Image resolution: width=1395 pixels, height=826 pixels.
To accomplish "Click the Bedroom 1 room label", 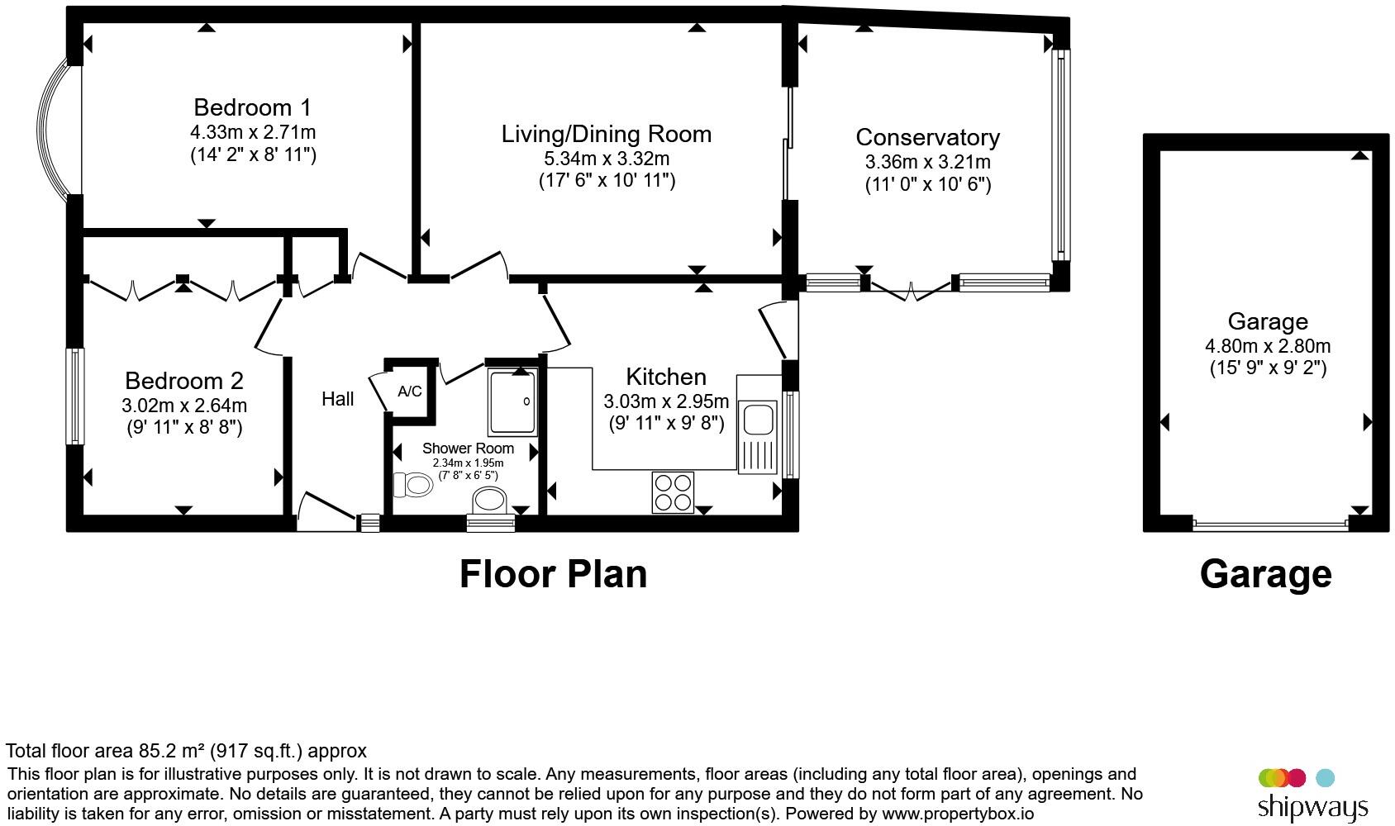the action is (x=252, y=107).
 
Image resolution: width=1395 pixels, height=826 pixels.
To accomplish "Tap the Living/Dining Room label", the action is (x=607, y=135).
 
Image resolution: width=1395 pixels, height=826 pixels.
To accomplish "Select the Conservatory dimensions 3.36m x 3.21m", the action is (x=927, y=162).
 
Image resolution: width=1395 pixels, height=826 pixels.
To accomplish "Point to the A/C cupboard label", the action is (x=410, y=391).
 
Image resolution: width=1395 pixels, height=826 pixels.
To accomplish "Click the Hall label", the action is (x=337, y=399).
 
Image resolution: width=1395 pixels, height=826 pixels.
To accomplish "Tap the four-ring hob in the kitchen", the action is (x=673, y=492).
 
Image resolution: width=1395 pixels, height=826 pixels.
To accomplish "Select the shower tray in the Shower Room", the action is (x=512, y=401).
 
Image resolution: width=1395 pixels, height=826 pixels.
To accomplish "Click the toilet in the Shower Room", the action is (x=413, y=484).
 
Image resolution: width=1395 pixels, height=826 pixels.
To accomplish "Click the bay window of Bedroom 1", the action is (x=60, y=131).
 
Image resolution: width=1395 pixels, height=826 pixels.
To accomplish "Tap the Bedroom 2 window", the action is (x=74, y=396).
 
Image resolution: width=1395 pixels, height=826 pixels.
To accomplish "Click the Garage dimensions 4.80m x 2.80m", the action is (x=1268, y=346).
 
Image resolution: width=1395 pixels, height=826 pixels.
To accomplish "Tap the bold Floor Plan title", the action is (x=553, y=574).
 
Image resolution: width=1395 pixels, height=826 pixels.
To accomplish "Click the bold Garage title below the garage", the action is (x=1265, y=575).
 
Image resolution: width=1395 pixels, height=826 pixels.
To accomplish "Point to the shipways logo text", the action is (x=1313, y=807).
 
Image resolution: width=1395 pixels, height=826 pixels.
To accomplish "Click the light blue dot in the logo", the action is (x=1326, y=778).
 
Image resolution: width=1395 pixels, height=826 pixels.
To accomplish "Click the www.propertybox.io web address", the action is (x=958, y=814).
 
